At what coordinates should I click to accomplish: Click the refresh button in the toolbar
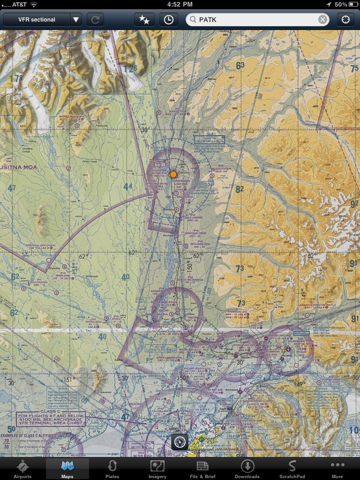point(95,20)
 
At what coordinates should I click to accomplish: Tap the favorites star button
point(144,20)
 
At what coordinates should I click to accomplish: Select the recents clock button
point(169,20)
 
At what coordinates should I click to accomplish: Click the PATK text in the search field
point(208,20)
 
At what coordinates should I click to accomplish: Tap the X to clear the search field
point(322,20)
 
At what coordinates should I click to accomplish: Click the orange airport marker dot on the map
point(173,174)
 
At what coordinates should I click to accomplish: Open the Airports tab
point(22,469)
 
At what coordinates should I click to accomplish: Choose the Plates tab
point(112,469)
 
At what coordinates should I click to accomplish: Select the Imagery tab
point(157,469)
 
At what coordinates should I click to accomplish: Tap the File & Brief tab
point(202,469)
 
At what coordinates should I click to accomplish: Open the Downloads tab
point(247,469)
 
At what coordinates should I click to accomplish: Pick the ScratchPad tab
point(292,469)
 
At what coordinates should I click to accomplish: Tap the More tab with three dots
point(337,469)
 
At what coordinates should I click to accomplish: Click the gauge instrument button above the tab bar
point(180,442)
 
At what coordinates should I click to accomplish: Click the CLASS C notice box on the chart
point(51,419)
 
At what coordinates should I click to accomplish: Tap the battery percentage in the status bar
point(341,4)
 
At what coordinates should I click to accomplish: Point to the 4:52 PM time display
point(180,4)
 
